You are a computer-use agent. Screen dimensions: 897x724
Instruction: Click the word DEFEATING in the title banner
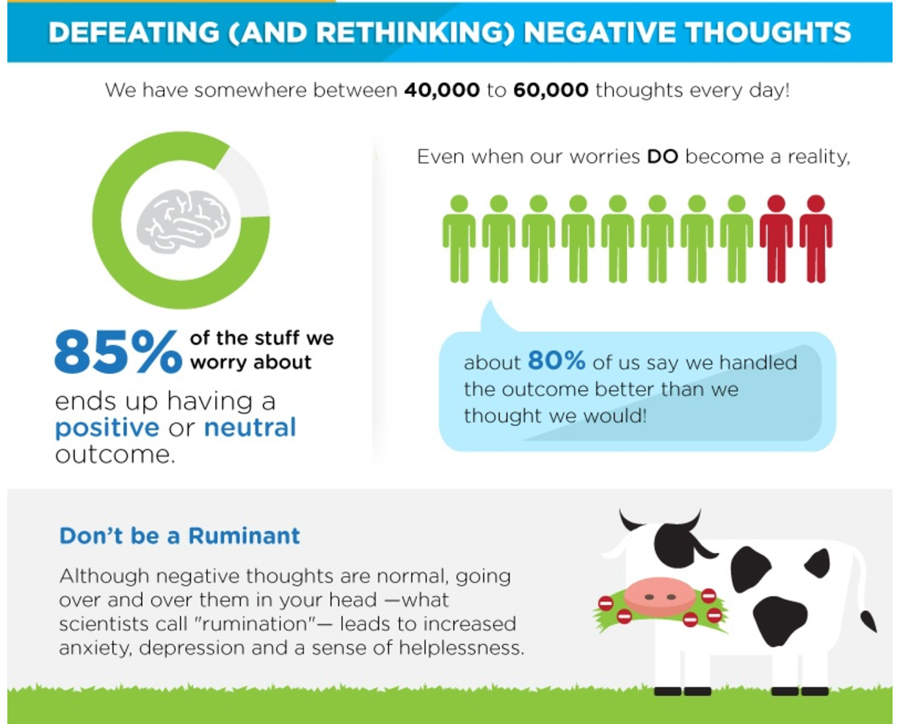tap(134, 32)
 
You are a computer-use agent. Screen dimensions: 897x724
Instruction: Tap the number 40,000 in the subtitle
tap(442, 90)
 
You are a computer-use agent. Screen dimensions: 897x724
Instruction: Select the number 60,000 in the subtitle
tap(551, 90)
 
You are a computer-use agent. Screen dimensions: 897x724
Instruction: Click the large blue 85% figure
tap(118, 352)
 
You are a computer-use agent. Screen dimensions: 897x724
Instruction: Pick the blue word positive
tap(107, 428)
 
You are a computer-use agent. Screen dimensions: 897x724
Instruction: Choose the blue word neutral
tap(250, 428)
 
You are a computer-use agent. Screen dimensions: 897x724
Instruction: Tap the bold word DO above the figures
tap(662, 157)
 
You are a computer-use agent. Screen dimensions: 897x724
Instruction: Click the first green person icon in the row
tap(459, 239)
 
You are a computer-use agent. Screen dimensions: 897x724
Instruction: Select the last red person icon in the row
tap(816, 239)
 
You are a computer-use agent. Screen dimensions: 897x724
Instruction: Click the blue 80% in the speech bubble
tap(556, 361)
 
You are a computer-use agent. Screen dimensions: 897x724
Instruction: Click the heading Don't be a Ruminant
tap(180, 536)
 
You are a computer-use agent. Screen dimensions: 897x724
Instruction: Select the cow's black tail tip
tap(868, 621)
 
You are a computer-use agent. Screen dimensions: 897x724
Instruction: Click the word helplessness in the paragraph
tap(462, 648)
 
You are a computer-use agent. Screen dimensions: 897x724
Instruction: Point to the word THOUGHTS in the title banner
tap(769, 32)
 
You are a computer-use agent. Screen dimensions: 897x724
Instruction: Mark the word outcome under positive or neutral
tap(115, 455)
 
